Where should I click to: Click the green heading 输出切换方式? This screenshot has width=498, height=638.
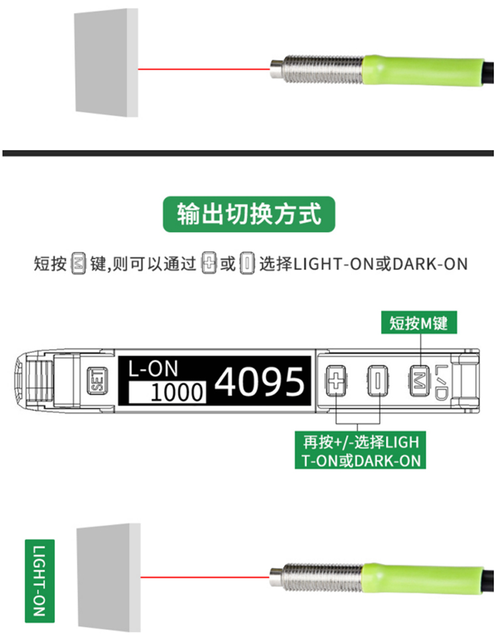249,214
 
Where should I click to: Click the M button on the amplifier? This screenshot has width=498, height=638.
420,382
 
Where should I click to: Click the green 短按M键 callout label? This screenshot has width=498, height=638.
420,324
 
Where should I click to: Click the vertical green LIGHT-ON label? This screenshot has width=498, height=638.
39,579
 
